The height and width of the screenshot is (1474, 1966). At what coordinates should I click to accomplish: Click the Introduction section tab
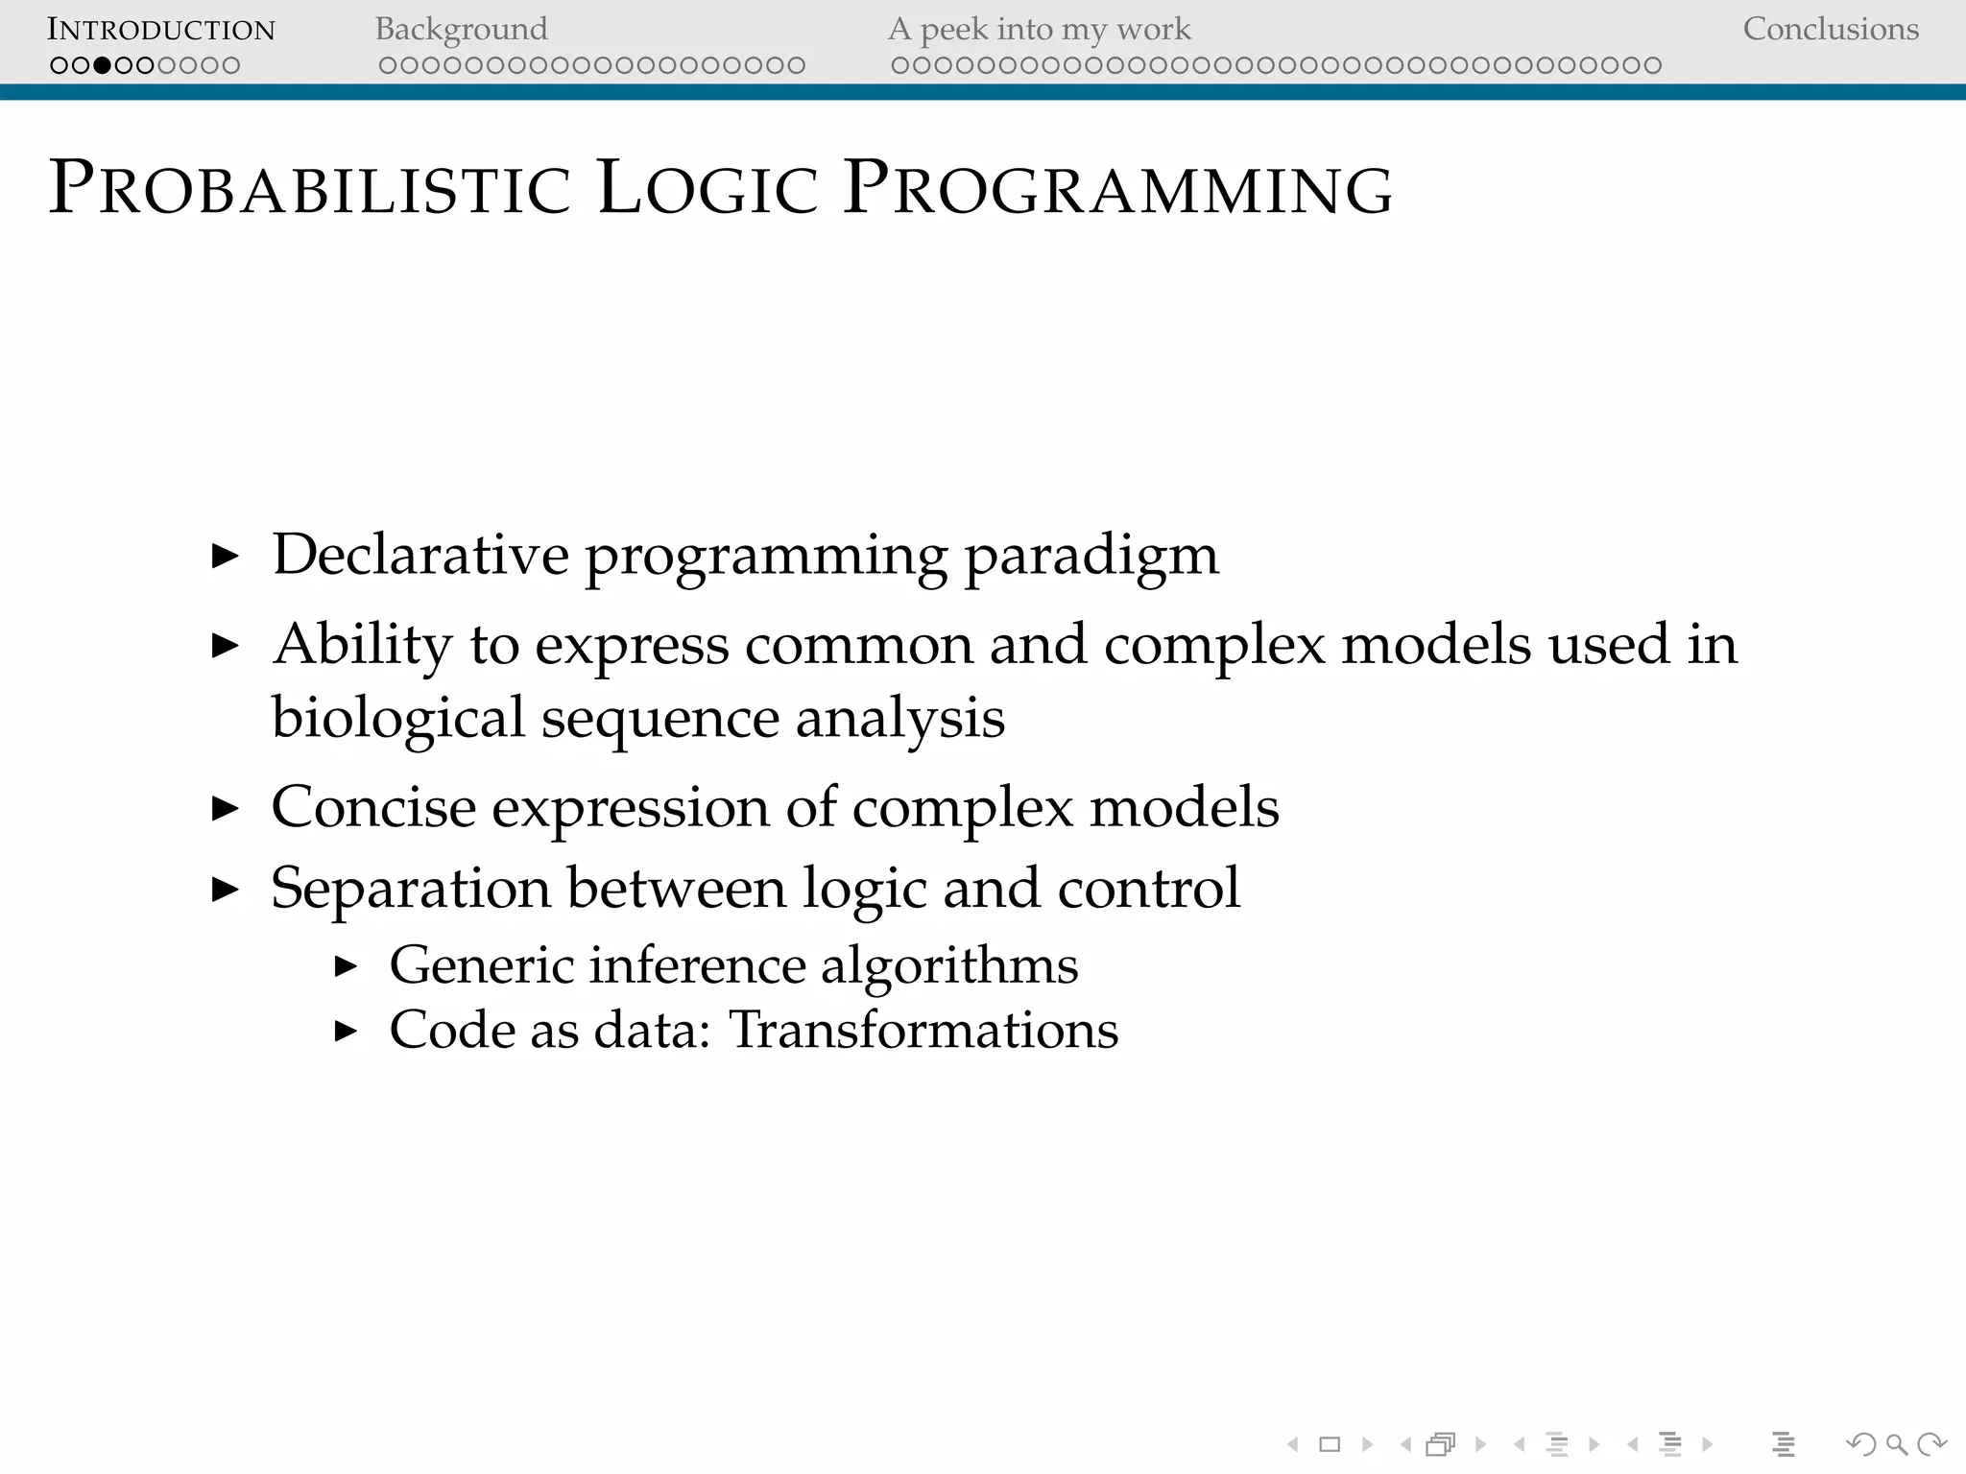click(x=161, y=30)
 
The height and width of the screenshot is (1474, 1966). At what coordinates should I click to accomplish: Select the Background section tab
click(x=461, y=30)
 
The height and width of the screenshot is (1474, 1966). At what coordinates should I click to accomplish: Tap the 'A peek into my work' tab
click(x=1039, y=30)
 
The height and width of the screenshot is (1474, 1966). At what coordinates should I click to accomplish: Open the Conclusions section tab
click(x=1830, y=30)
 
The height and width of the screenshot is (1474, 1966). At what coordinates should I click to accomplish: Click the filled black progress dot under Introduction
click(x=102, y=65)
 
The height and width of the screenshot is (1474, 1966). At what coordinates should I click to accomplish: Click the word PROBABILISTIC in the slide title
click(x=309, y=188)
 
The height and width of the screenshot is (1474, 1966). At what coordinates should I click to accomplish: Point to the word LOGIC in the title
click(x=707, y=188)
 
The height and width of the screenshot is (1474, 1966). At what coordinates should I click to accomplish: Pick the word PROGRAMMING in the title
click(x=1117, y=188)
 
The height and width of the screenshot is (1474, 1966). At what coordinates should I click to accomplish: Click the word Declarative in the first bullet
click(x=420, y=555)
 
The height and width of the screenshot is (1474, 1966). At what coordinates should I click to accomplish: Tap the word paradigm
click(x=1091, y=557)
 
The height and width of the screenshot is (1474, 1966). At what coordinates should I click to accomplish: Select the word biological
click(x=397, y=718)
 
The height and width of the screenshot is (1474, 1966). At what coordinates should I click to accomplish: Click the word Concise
click(x=373, y=807)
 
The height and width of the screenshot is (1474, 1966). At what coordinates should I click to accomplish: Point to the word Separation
click(x=411, y=889)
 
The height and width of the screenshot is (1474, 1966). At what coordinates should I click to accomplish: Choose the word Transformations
click(x=923, y=1030)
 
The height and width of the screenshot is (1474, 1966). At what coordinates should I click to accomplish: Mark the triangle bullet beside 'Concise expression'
click(x=225, y=808)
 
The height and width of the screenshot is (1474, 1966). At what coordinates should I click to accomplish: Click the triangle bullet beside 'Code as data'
click(x=346, y=1032)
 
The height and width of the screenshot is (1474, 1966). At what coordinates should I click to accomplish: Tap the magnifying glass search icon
click(x=1897, y=1444)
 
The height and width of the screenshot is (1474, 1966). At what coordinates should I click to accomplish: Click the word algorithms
click(x=949, y=964)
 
